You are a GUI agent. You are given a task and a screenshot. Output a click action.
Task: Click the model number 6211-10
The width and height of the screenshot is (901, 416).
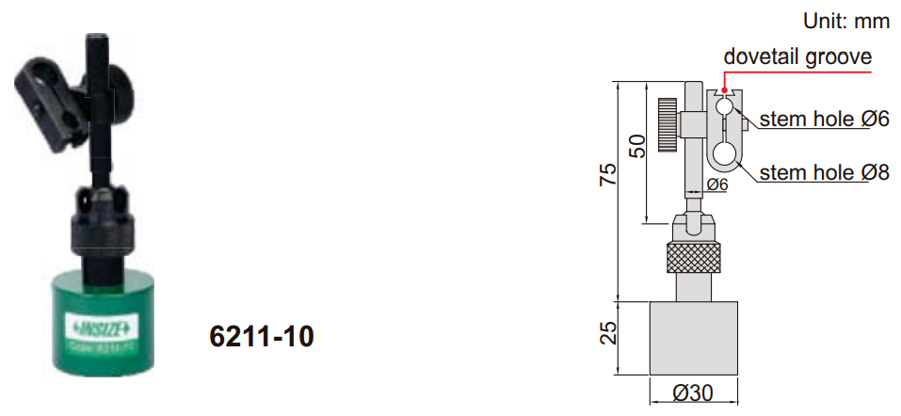point(261,336)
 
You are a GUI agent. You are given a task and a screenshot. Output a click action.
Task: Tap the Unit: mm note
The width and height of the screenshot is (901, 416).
point(845,21)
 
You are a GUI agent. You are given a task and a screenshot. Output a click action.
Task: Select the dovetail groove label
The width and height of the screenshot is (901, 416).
point(796,56)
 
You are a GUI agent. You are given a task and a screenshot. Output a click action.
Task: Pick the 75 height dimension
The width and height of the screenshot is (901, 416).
point(609,175)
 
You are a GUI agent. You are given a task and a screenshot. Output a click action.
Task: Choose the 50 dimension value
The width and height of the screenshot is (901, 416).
point(637,147)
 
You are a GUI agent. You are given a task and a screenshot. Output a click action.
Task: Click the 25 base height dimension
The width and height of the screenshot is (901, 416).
point(609,331)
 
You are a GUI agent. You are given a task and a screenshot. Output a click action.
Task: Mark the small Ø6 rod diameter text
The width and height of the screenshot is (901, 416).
point(717,184)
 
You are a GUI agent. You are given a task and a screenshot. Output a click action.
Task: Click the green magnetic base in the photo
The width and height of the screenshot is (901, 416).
point(99,320)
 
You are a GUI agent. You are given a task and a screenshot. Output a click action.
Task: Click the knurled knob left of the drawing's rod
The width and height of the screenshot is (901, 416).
point(668,124)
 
